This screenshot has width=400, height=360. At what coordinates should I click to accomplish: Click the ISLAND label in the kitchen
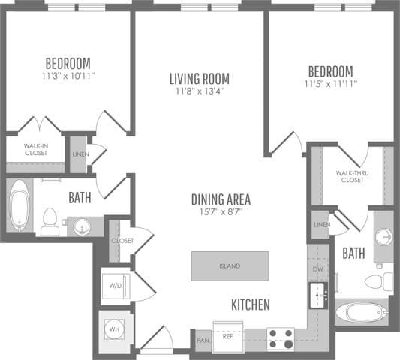pos(230,265)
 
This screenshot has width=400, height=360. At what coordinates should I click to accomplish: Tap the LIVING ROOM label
pos(199,78)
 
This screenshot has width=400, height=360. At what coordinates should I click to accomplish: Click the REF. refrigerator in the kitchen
pos(228,337)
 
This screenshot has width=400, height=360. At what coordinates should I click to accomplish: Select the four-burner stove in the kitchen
pos(281,339)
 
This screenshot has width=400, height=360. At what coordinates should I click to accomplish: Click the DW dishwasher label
pos(317,268)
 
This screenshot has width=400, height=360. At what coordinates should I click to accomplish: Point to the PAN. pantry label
pos(203,340)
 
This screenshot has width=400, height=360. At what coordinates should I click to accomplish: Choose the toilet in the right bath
pos(377,281)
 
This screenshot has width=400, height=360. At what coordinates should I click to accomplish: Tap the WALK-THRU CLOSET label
pos(350,176)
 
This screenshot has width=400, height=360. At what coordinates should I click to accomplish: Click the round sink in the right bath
pos(383,236)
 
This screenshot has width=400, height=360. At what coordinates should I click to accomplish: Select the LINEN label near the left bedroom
pos(79,154)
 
